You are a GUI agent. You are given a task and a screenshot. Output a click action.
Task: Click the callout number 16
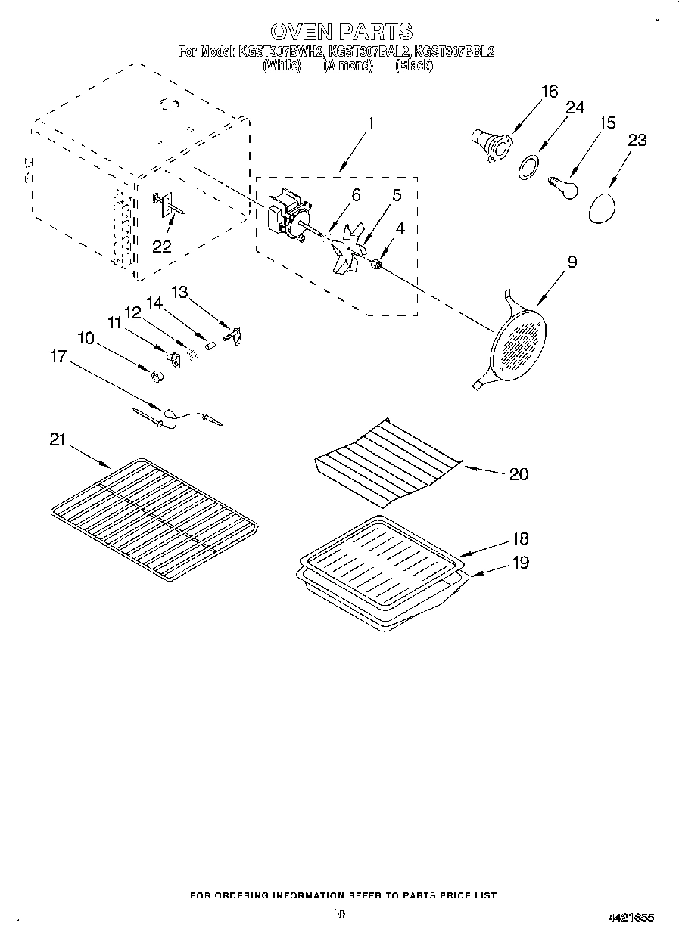click(549, 92)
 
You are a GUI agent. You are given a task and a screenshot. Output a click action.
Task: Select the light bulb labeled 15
click(562, 186)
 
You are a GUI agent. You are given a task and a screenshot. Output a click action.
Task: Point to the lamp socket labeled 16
click(488, 144)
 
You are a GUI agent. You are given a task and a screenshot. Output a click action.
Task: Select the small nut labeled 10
click(155, 376)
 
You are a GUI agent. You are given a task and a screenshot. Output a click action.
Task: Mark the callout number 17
click(58, 356)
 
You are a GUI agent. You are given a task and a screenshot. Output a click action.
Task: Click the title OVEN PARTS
click(341, 31)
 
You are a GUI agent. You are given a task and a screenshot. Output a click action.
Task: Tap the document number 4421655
click(630, 917)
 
